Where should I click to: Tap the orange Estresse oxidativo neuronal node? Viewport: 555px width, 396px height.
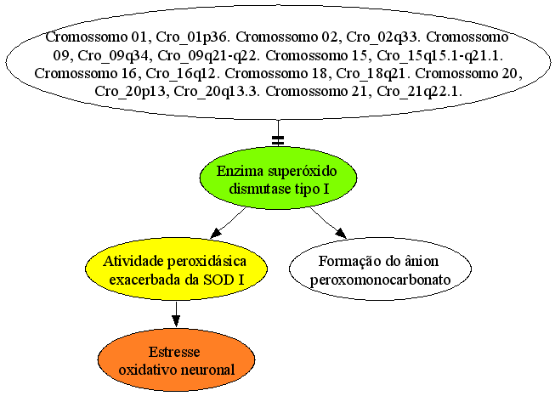(176, 360)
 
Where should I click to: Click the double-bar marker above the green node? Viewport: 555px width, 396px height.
(278, 140)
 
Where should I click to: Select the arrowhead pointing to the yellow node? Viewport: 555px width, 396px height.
(216, 233)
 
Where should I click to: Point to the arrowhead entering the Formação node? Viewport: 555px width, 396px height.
(341, 233)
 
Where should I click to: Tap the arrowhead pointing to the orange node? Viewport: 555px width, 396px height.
(176, 320)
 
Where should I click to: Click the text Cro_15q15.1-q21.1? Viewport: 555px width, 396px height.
(440, 55)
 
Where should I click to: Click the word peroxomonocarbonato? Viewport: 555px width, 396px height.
(380, 280)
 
